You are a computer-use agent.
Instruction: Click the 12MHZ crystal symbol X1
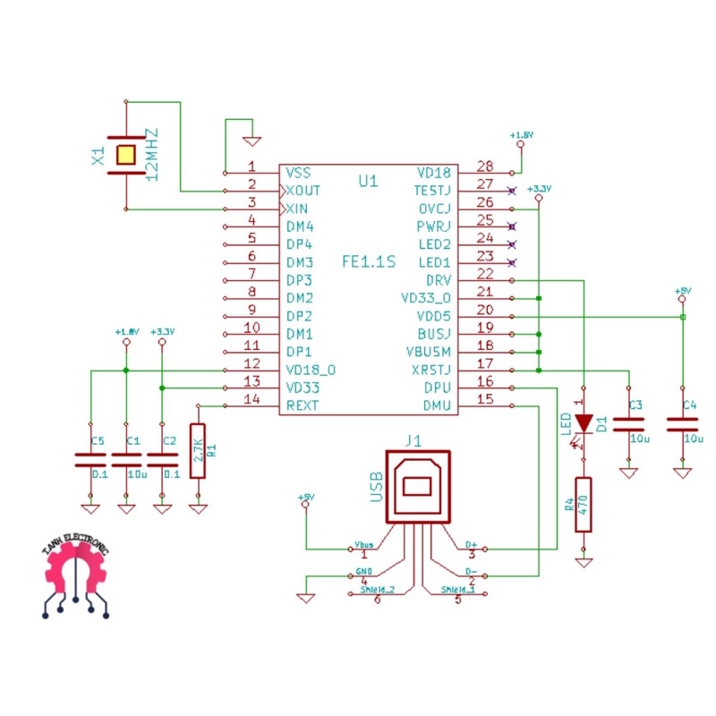(x=125, y=156)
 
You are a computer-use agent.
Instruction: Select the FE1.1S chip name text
(x=368, y=262)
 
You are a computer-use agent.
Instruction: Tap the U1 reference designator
(x=368, y=182)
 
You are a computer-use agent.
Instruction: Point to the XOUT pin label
(x=303, y=191)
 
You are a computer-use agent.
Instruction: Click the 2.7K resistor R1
(x=198, y=451)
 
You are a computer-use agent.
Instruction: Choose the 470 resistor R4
(x=584, y=505)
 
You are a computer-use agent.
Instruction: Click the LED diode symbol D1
(x=584, y=422)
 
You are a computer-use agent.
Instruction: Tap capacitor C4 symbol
(x=683, y=423)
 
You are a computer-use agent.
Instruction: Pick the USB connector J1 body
(x=417, y=487)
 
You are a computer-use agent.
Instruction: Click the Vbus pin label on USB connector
(x=365, y=543)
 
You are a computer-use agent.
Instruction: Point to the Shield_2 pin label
(x=377, y=590)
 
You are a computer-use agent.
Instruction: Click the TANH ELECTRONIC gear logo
(x=76, y=577)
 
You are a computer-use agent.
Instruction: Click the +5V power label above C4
(x=683, y=292)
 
